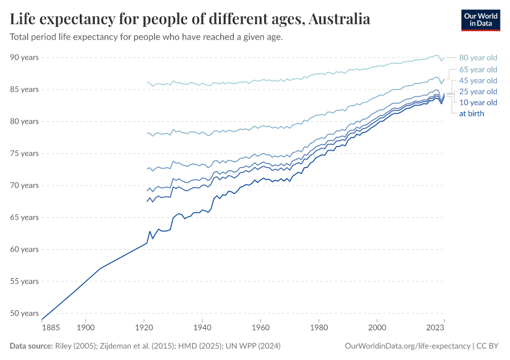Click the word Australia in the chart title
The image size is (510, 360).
point(340,19)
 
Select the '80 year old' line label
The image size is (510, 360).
point(478,58)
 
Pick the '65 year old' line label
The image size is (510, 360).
point(478,70)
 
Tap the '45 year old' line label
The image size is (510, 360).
point(478,80)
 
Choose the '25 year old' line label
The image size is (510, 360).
point(478,92)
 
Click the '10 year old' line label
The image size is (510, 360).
point(478,103)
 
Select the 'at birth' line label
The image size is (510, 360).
point(472,113)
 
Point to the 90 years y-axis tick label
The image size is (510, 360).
point(25,57)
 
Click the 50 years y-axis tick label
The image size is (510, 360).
point(25,313)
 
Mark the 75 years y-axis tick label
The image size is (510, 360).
point(25,153)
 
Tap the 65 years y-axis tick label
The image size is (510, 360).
point(25,217)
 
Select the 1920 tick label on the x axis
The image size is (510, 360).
point(143,328)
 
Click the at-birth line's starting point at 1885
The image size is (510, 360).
point(42,319)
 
